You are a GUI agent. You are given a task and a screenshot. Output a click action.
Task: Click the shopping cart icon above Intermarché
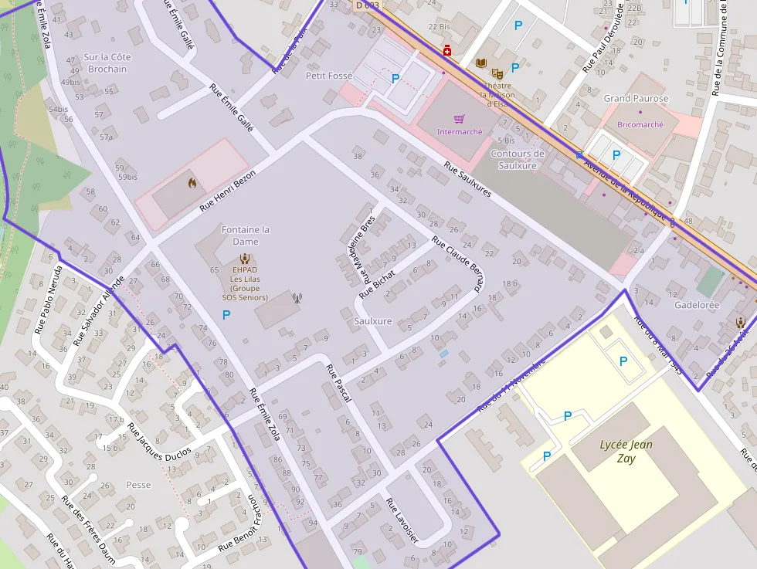(460, 119)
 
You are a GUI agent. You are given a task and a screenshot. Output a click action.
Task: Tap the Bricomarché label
(640, 124)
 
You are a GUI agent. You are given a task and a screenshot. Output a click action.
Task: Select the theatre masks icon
(497, 74)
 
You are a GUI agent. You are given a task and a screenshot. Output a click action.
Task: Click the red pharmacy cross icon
(447, 51)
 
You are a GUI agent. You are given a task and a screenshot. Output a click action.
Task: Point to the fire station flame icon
(192, 184)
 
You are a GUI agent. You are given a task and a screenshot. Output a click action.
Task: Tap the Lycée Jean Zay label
(626, 451)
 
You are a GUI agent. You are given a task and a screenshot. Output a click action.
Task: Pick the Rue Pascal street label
(339, 383)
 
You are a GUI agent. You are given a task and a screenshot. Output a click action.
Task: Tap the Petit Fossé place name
(329, 76)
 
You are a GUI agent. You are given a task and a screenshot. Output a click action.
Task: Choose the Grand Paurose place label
(636, 99)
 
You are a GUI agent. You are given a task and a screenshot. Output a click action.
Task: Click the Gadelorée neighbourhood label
(696, 305)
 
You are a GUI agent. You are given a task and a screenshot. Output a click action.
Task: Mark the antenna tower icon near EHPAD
(296, 297)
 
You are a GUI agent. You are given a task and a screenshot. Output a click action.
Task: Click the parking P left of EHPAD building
(226, 314)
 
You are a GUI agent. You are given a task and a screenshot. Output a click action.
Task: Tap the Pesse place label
(138, 485)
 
